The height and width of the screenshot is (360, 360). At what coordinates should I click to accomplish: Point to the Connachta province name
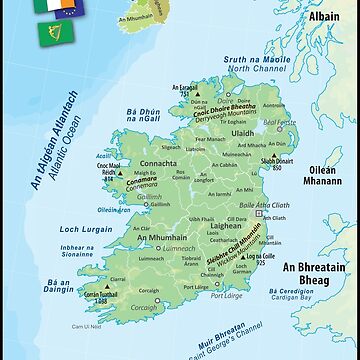point(155,162)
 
